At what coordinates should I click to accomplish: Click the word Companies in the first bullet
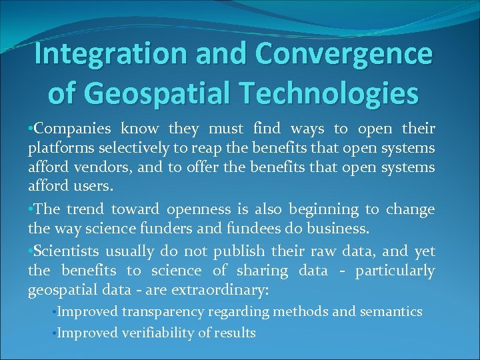[x=65, y=128]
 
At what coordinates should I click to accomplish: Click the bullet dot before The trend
[x=31, y=209]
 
